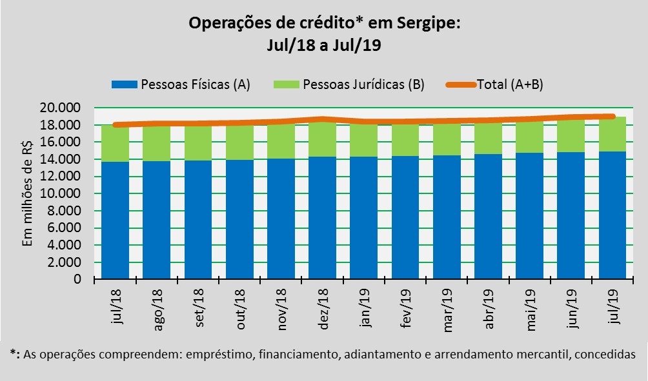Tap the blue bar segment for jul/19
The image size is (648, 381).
613,215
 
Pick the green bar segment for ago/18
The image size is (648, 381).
156,143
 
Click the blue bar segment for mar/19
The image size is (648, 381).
447,217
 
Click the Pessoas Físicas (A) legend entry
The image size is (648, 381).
181,84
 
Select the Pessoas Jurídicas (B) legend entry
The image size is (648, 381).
349,84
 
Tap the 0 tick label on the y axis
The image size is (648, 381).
77,280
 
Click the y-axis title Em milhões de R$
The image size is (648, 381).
27,193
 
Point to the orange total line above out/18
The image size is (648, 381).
239,122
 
